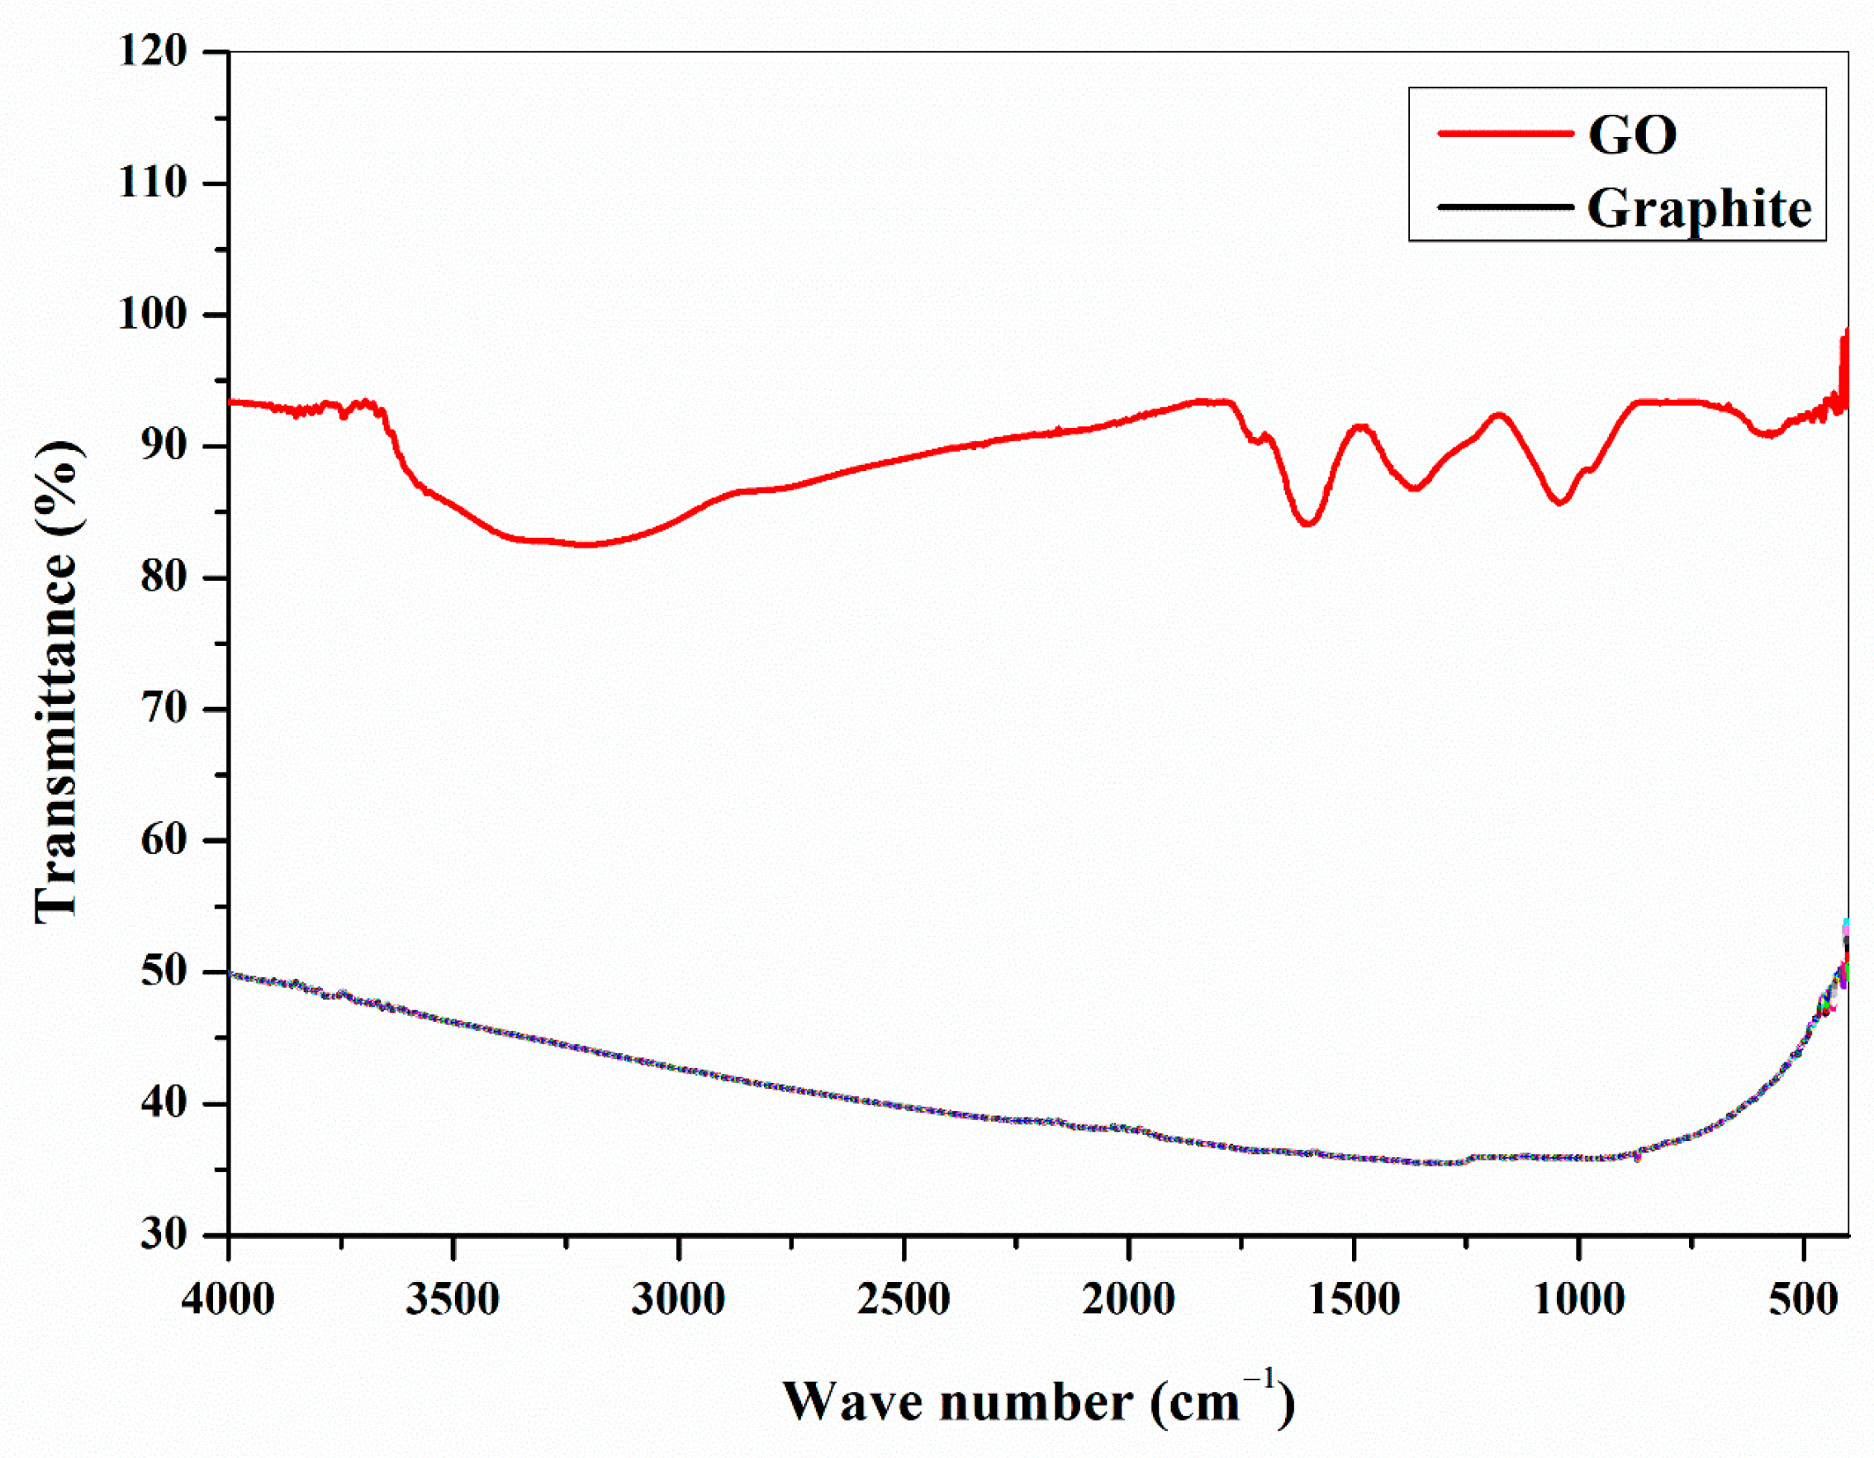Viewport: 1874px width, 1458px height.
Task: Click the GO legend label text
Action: [1632, 135]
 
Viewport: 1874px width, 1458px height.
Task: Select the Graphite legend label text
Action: [1698, 208]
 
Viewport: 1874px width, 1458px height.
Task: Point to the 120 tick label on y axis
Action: [153, 51]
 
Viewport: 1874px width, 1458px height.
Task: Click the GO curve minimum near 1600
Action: [1307, 523]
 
